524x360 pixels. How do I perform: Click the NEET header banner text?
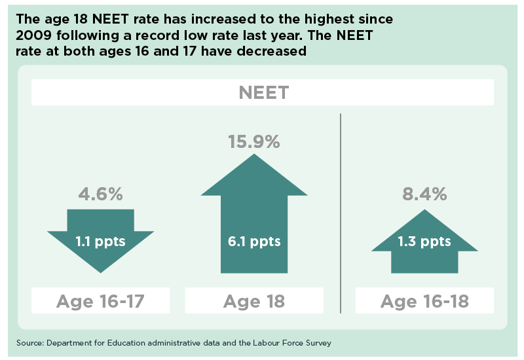coord(264,92)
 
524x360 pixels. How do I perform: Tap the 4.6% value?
coord(101,194)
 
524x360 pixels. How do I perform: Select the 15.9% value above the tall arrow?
coord(254,141)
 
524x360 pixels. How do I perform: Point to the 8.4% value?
coord(424,194)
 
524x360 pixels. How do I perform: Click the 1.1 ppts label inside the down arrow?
coord(100,242)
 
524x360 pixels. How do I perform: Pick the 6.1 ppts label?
coord(254,242)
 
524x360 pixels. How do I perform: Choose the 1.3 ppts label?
coord(424,242)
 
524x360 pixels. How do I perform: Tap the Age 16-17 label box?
coord(101,300)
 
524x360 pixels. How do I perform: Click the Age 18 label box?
coord(254,300)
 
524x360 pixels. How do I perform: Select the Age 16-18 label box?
coord(424,300)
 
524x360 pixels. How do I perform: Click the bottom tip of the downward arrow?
coord(101,273)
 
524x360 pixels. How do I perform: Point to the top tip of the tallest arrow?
coord(254,154)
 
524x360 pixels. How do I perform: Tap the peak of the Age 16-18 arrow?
coord(424,209)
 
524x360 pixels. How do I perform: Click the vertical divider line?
coord(341,213)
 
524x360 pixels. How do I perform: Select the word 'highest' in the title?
coord(329,19)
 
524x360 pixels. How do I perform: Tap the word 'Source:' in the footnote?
coord(30,343)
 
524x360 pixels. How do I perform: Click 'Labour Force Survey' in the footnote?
coord(292,343)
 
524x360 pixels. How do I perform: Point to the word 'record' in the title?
coord(157,35)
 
